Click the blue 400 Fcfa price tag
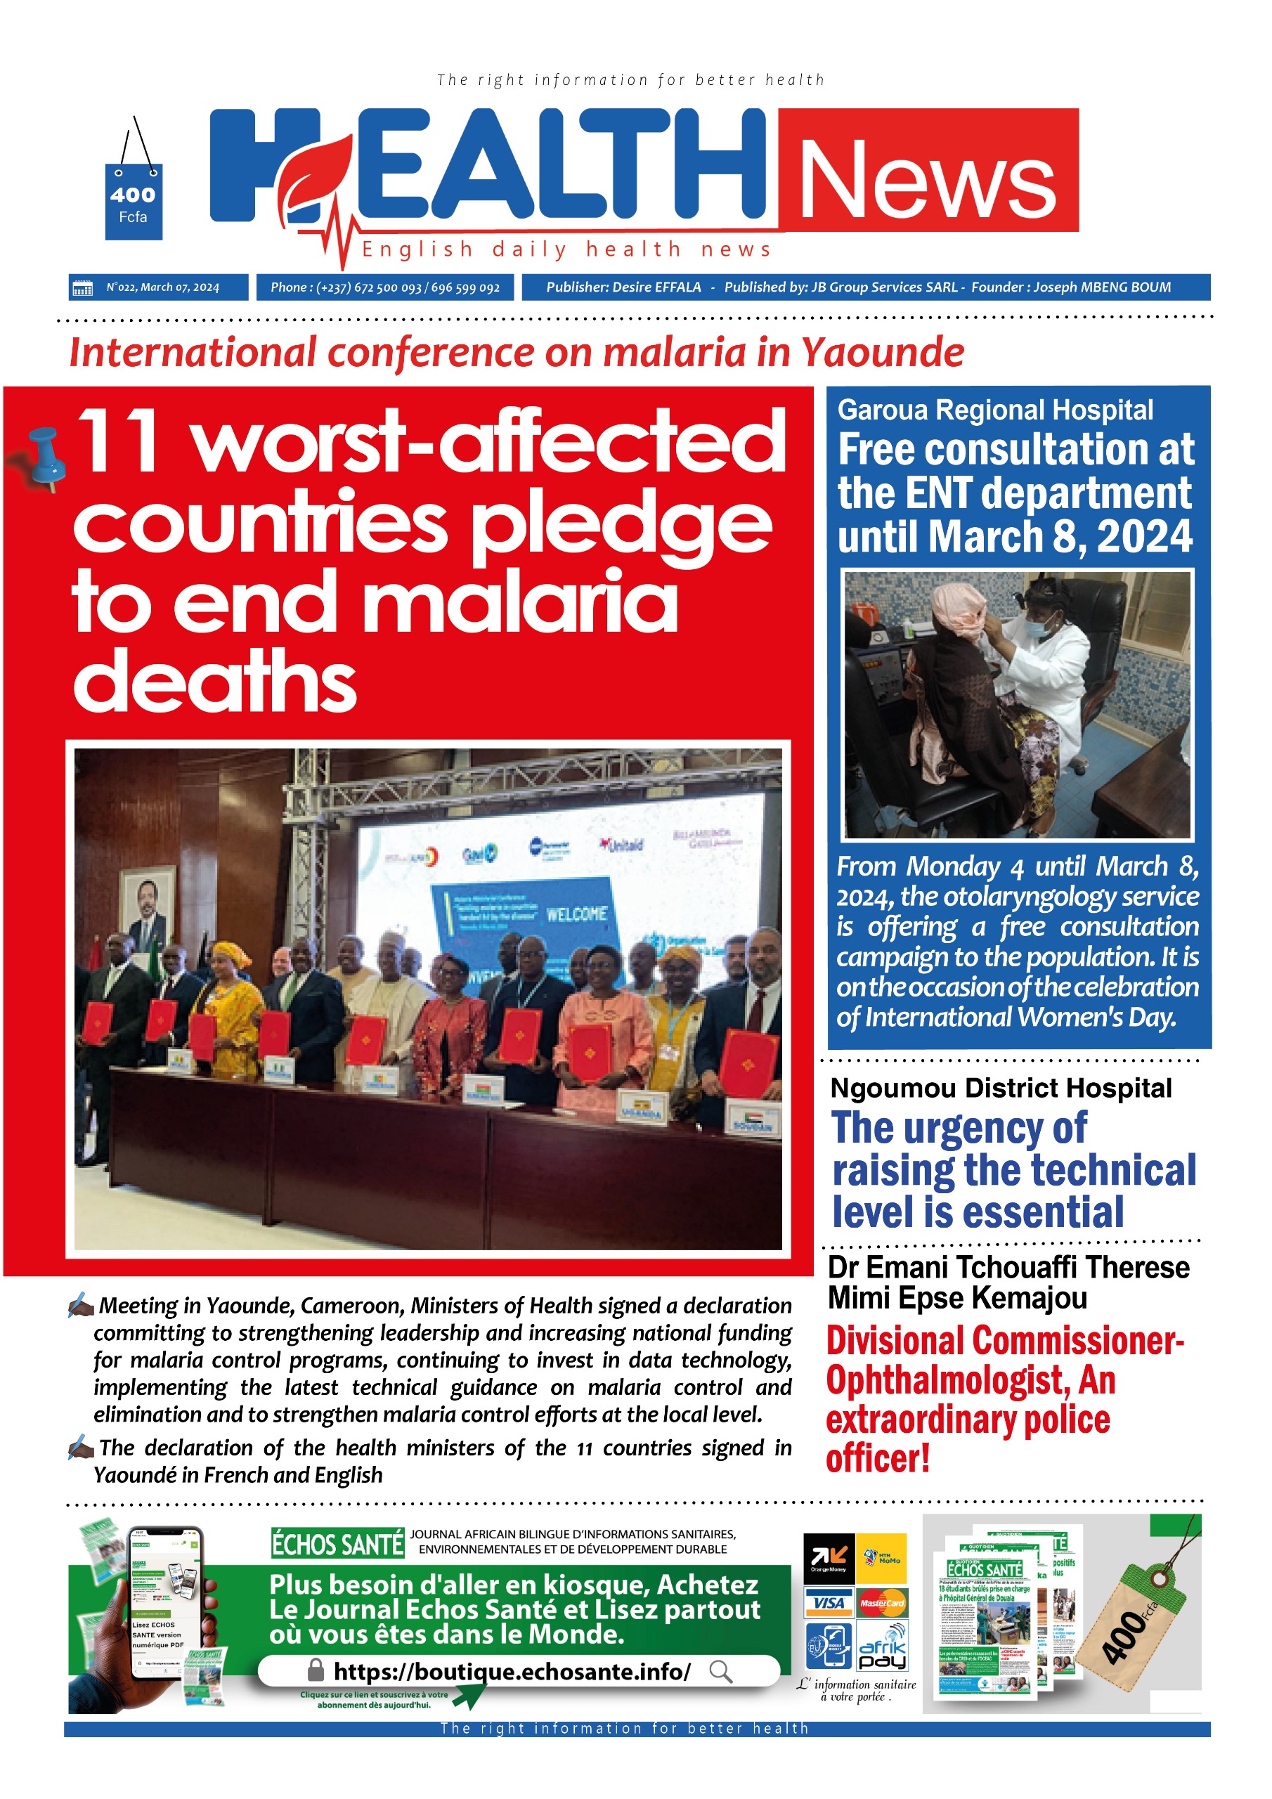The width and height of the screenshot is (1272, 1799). (134, 202)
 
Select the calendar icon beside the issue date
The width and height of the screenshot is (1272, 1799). (82, 287)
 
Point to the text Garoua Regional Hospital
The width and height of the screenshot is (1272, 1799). (994, 410)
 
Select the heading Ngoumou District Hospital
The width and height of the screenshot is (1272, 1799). (1000, 1089)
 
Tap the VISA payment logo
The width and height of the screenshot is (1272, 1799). (829, 1603)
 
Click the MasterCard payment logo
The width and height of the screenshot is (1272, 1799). (881, 1603)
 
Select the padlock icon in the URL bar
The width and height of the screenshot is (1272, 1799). (316, 1670)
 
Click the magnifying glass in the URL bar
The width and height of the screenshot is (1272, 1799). (720, 1671)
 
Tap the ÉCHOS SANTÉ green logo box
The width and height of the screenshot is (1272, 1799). (337, 1545)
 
